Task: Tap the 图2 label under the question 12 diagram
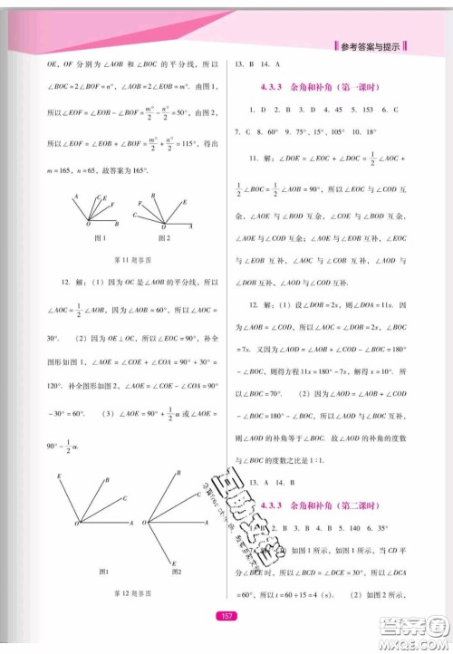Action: (x=176, y=572)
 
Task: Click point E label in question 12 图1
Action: (x=59, y=476)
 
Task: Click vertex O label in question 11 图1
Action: (x=87, y=225)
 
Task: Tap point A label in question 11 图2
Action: (x=191, y=226)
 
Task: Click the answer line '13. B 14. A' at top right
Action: (x=257, y=65)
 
